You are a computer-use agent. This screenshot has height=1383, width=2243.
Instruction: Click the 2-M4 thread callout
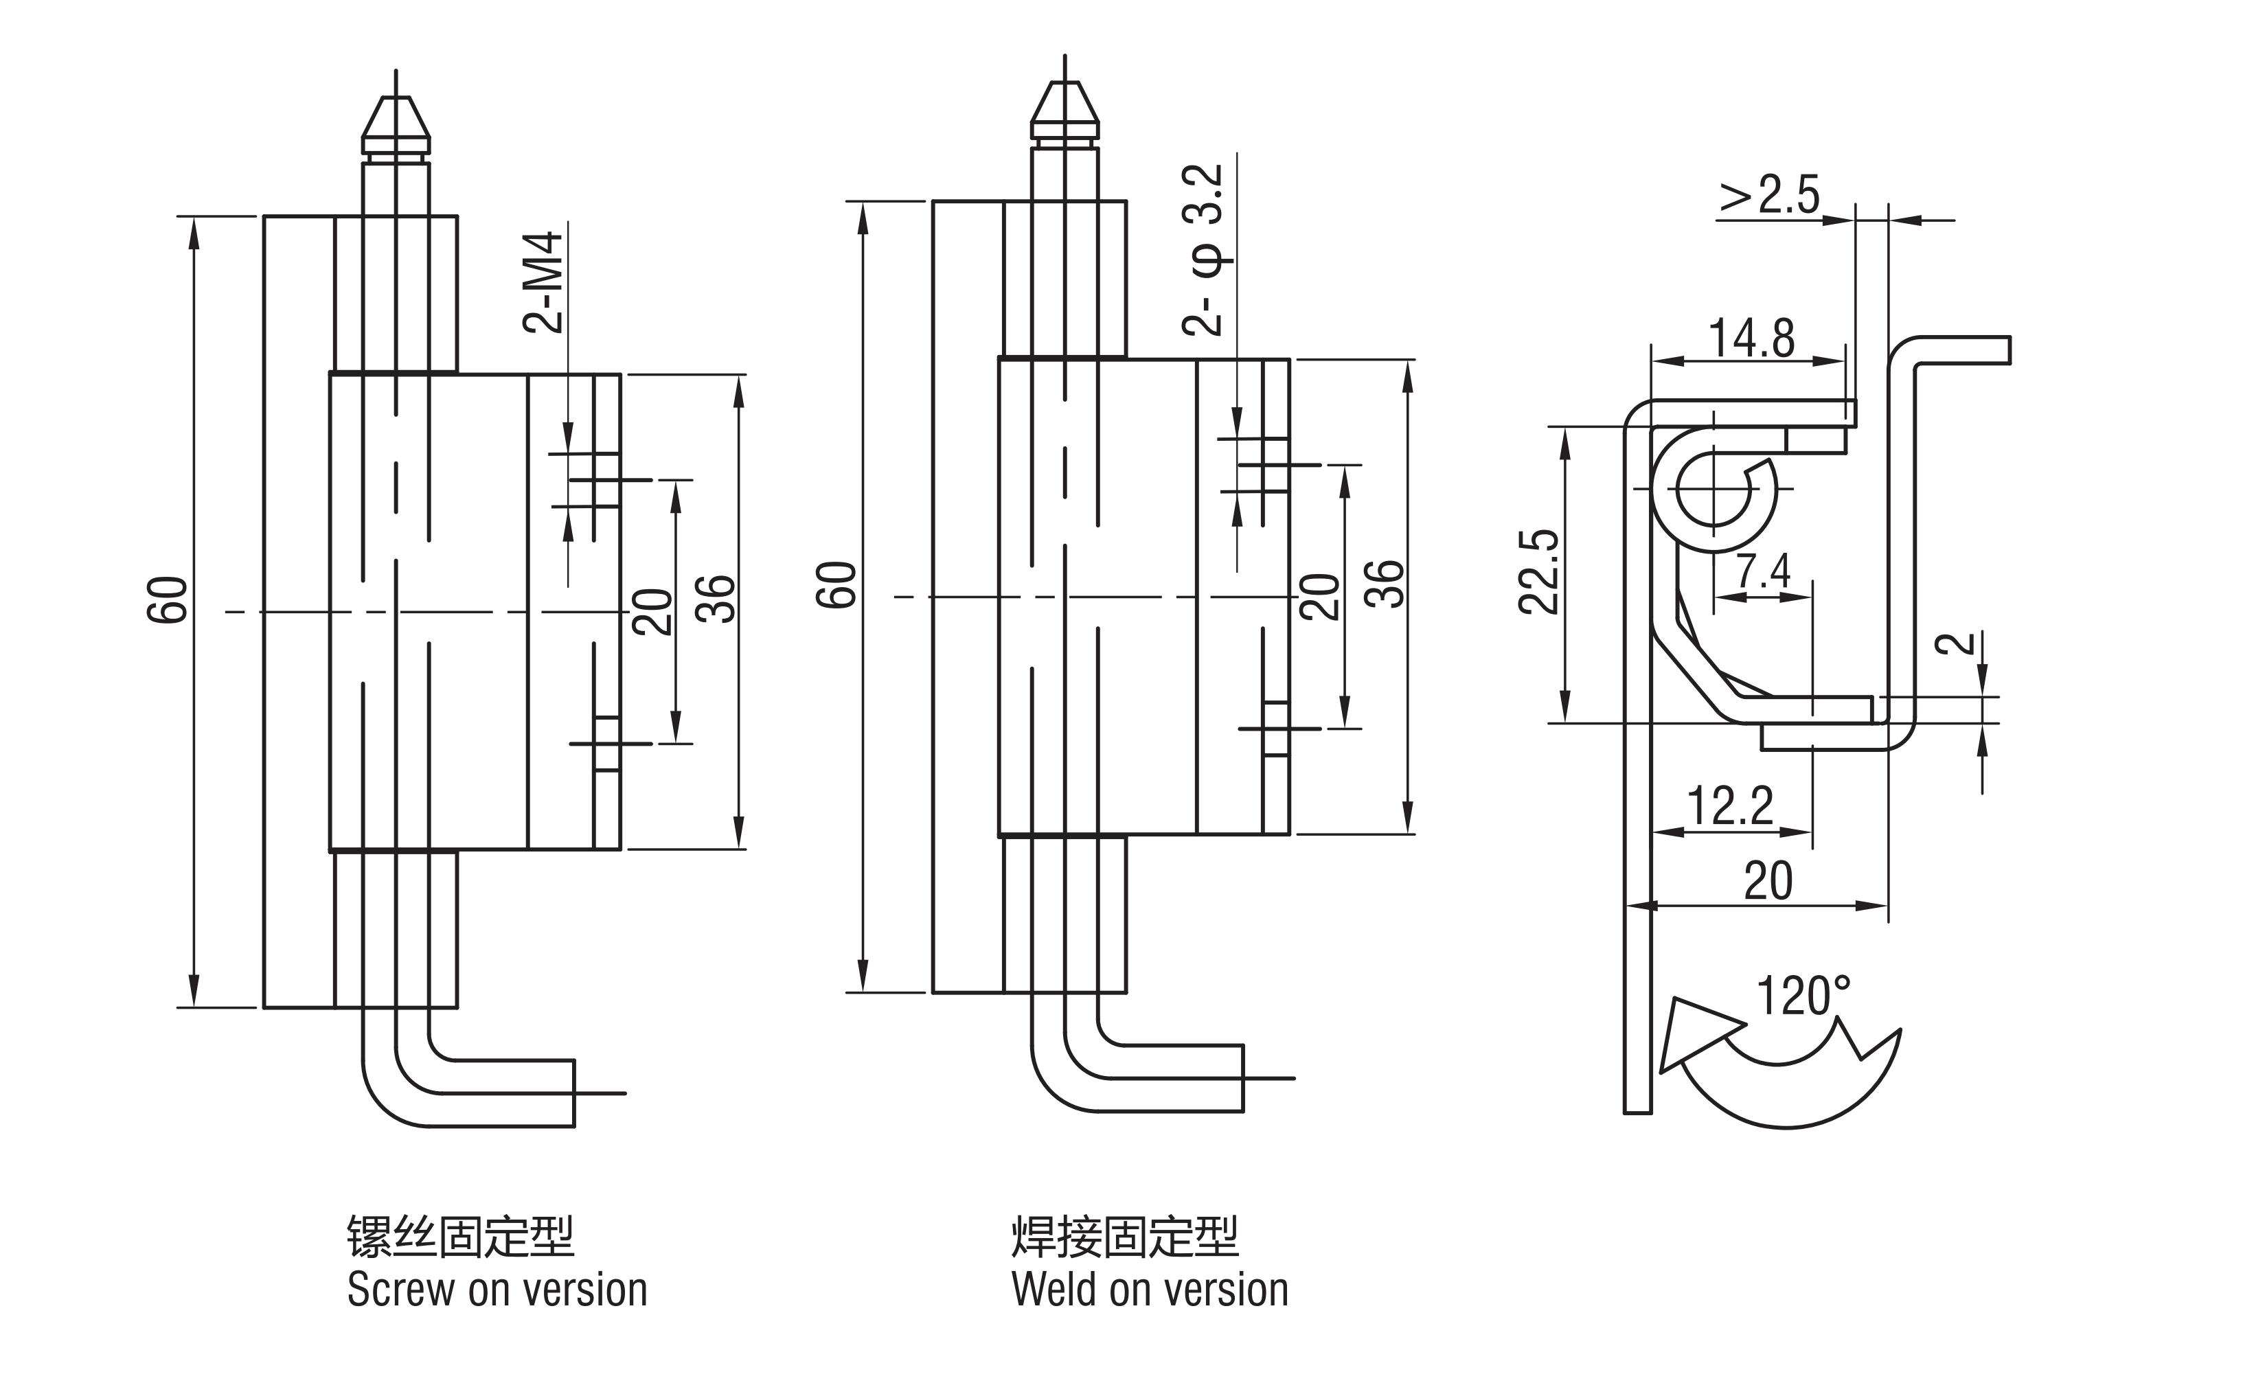543,283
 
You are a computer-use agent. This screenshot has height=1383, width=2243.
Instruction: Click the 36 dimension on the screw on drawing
716,599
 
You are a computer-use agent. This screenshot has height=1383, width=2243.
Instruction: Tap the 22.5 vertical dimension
1538,572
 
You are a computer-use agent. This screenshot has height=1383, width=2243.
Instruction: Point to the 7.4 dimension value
1763,572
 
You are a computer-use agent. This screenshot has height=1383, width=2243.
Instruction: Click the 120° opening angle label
1803,997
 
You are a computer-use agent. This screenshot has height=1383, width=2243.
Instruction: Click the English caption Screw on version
497,1290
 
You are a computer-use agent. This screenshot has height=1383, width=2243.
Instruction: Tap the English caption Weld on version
1150,1290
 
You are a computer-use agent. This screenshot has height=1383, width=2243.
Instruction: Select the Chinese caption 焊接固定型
1124,1237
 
